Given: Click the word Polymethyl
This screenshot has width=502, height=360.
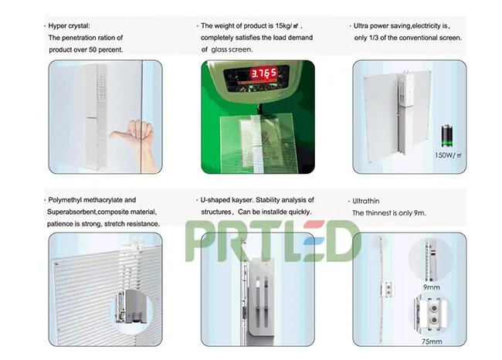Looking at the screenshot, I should click(x=71, y=199).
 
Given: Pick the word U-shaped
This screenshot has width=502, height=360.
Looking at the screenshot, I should click(x=221, y=199).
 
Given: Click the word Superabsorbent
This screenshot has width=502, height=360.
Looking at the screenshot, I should click(x=75, y=212).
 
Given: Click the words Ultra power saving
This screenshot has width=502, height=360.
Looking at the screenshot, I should click(x=387, y=25).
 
